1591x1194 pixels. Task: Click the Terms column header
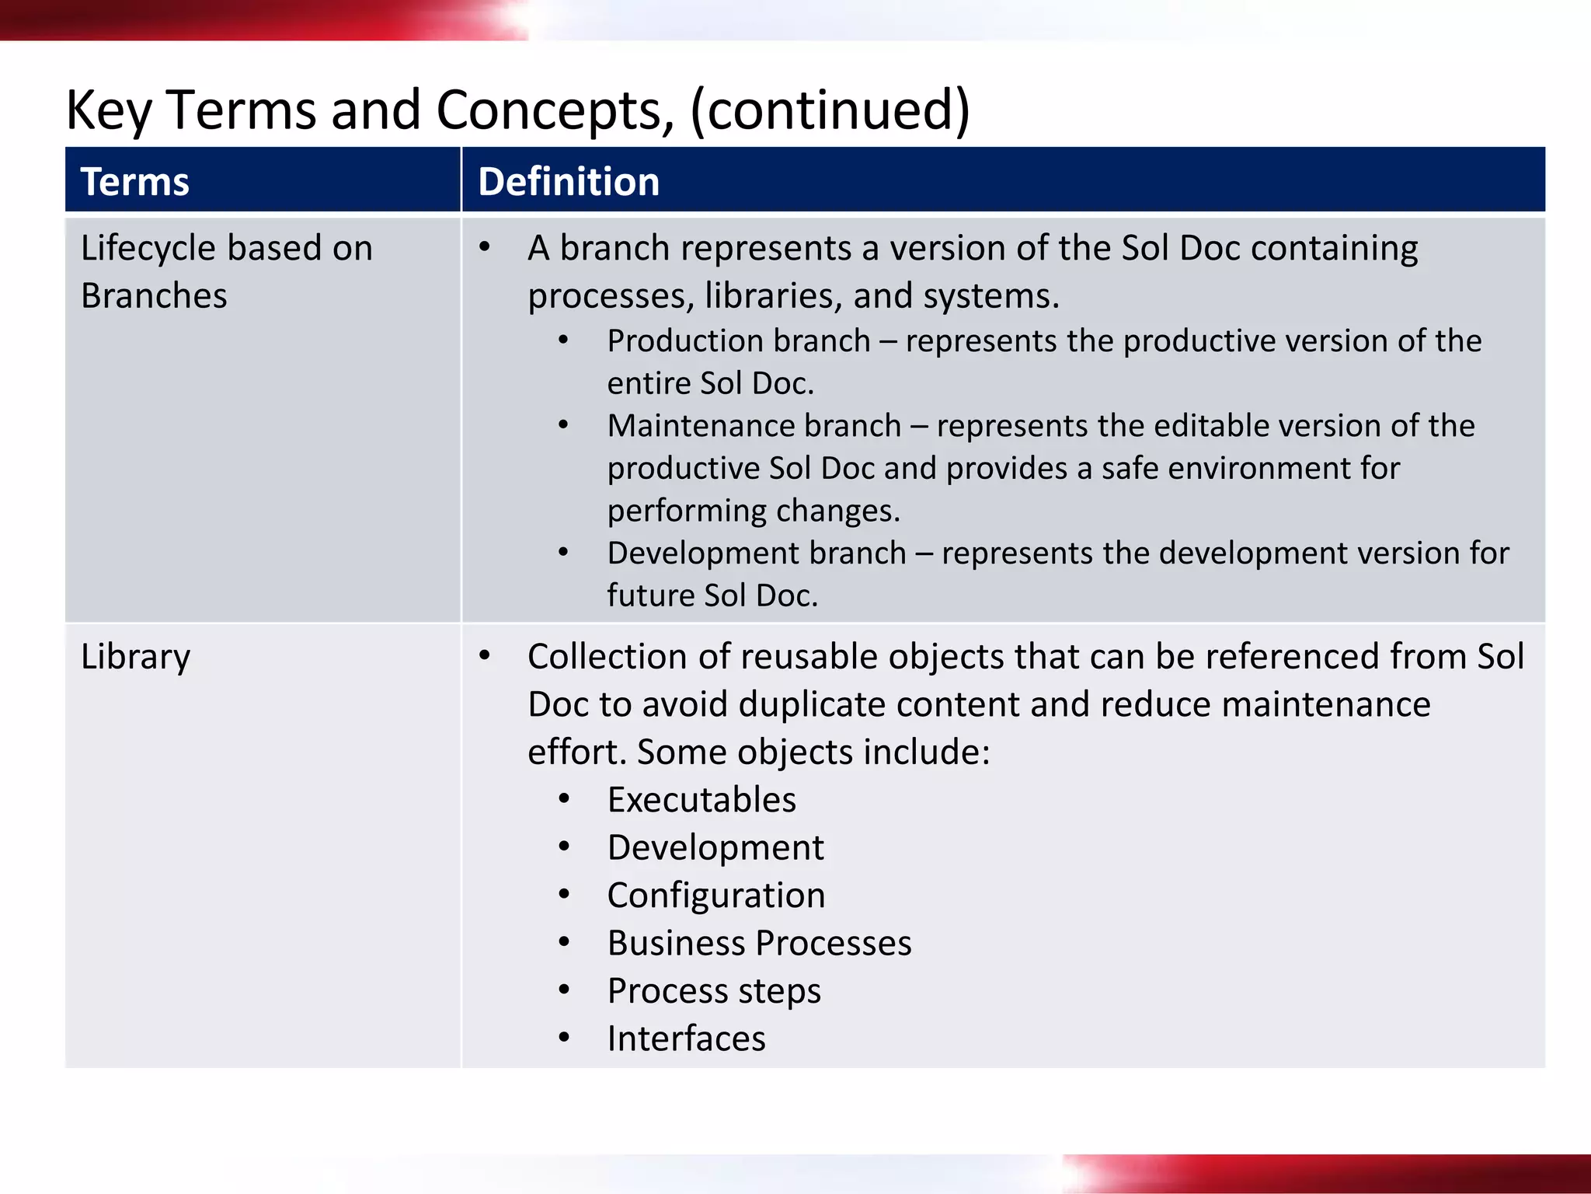pyautogui.click(x=134, y=182)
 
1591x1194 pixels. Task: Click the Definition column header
pyautogui.click(x=568, y=182)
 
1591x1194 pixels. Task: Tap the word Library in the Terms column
pyautogui.click(x=135, y=658)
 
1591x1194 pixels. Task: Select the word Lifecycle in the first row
pyautogui.click(x=148, y=249)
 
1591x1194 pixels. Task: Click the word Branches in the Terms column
pyautogui.click(x=154, y=296)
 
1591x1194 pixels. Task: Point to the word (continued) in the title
pyautogui.click(x=829, y=110)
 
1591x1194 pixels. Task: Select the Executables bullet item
pyautogui.click(x=702, y=800)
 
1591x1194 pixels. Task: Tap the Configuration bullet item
pyautogui.click(x=715, y=895)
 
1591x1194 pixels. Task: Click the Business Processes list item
pyautogui.click(x=759, y=943)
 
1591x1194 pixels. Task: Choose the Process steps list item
pyautogui.click(x=714, y=991)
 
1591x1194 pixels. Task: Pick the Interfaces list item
pyautogui.click(x=686, y=1039)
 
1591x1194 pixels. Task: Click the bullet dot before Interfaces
pyautogui.click(x=564, y=1038)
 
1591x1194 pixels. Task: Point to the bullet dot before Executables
pyautogui.click(x=564, y=799)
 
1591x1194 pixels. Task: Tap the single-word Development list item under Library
pyautogui.click(x=715, y=847)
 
